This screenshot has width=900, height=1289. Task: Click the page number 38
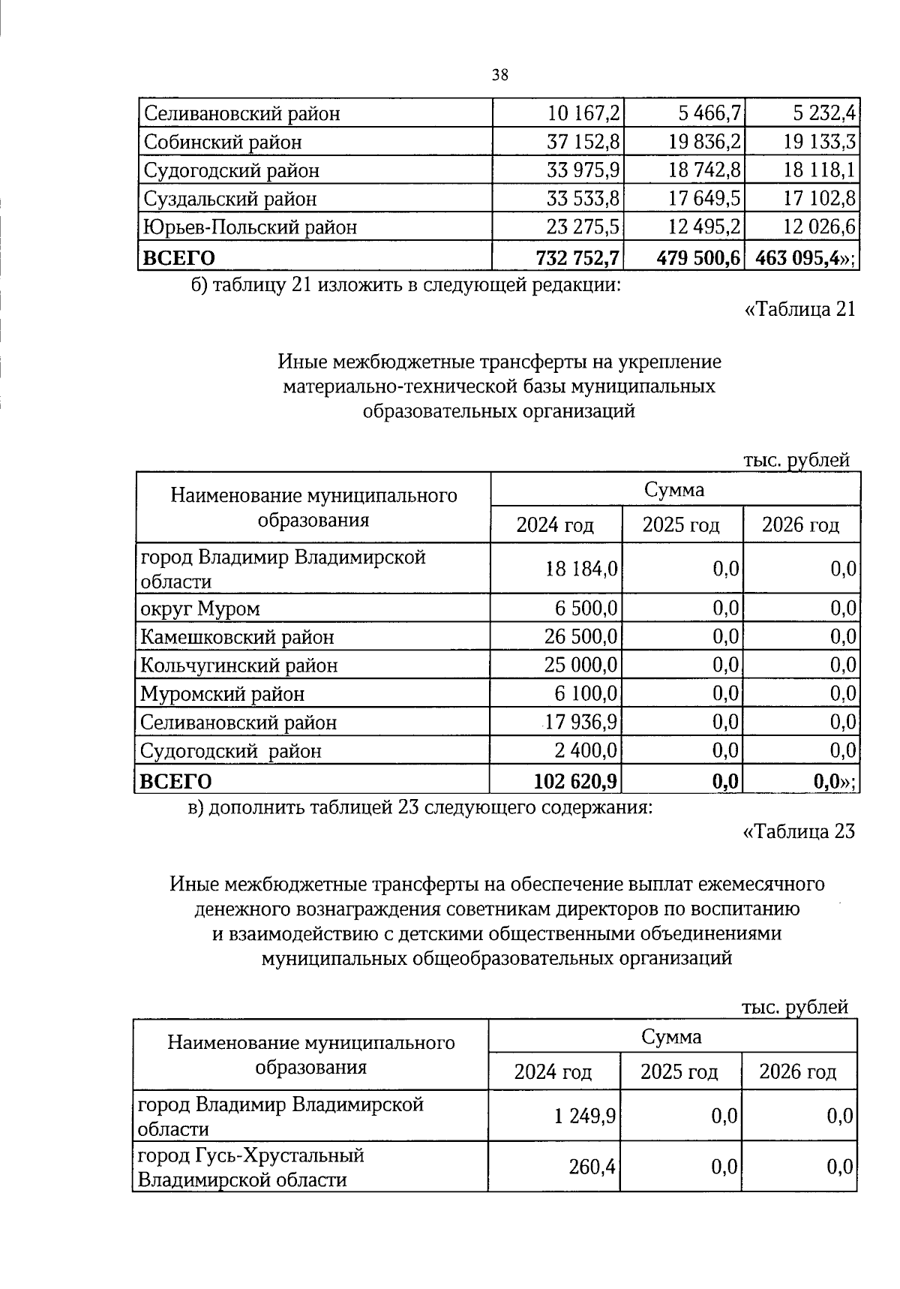click(x=500, y=74)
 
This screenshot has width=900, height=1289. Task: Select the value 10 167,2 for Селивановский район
click(x=583, y=114)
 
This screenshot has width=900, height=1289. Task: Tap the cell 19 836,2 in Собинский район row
click(x=705, y=143)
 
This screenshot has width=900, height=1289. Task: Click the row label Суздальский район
click(x=229, y=200)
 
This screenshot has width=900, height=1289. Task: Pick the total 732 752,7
click(x=577, y=258)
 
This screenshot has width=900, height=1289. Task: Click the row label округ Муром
click(x=200, y=608)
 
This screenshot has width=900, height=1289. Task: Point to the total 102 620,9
click(x=576, y=782)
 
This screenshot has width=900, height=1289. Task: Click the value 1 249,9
click(x=585, y=1117)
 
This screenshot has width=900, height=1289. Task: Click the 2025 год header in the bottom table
click(x=679, y=1072)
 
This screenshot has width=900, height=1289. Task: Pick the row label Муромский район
click(x=223, y=694)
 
